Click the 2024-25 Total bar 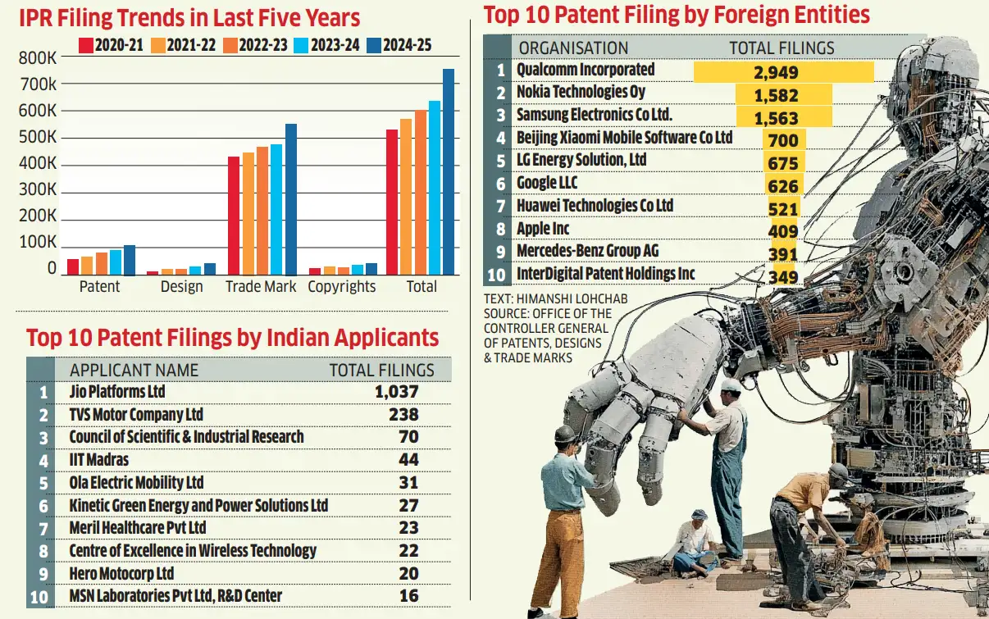point(449,172)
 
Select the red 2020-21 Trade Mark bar point(234,216)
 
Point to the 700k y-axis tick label point(38,84)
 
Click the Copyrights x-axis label point(342,287)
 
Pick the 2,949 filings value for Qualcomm point(776,72)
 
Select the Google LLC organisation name point(547,184)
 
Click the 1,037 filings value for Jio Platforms point(397,392)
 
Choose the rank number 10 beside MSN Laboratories point(39,596)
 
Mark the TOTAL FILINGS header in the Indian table point(382,370)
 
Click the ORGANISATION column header point(574,48)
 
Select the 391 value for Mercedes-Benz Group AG point(783,254)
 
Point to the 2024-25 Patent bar point(130,260)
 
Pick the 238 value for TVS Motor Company point(403,415)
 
